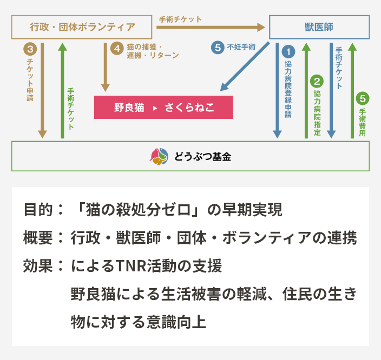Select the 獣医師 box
click(319, 27)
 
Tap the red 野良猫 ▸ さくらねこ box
click(163, 107)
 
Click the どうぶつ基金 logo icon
click(159, 156)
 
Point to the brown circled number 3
click(30, 49)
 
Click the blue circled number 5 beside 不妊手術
click(217, 48)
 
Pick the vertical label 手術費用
click(362, 122)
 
